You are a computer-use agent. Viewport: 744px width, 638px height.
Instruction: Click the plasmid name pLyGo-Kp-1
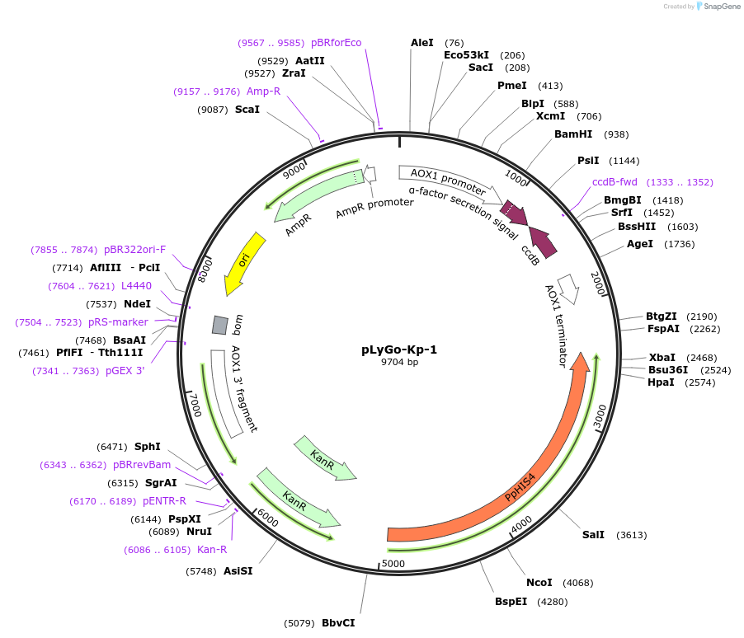[399, 349]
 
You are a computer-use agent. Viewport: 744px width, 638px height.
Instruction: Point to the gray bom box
[219, 325]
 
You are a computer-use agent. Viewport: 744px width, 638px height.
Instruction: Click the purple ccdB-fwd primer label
[615, 182]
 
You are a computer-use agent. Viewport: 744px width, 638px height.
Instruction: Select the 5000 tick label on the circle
[394, 564]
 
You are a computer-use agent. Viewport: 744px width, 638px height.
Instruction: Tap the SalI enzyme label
[593, 535]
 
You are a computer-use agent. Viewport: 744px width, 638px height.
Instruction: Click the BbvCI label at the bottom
[338, 623]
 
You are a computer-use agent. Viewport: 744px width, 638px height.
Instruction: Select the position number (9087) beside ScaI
[214, 109]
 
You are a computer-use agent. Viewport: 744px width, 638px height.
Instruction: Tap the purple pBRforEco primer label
[336, 43]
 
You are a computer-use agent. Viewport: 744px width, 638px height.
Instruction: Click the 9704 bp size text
[399, 362]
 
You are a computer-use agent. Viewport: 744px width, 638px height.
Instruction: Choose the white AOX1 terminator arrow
[568, 288]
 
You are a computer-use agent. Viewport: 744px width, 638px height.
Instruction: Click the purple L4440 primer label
[136, 286]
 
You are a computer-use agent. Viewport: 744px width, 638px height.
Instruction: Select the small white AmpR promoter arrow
[370, 174]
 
